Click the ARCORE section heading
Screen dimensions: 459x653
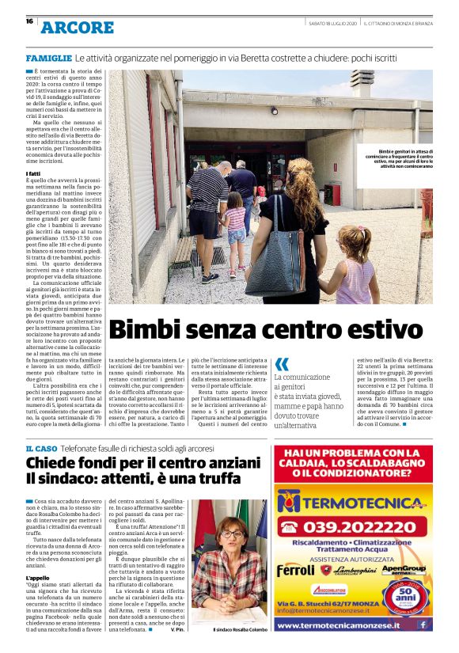point(78,28)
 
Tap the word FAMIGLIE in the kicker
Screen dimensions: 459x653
point(48,59)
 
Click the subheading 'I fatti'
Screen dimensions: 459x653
point(33,173)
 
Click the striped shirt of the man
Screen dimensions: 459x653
point(207,189)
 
